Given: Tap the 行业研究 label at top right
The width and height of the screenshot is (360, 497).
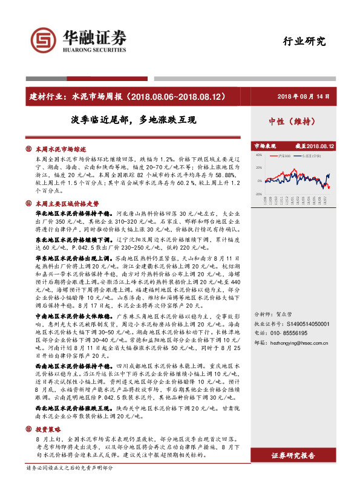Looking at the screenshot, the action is tap(304, 41).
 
